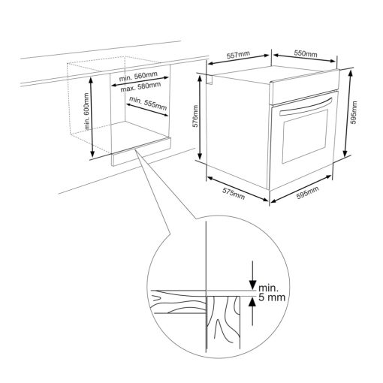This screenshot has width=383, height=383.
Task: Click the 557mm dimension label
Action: point(238,55)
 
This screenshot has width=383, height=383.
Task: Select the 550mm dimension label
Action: point(306,53)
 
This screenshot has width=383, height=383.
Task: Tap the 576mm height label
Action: point(195,116)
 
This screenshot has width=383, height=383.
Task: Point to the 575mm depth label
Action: point(234,194)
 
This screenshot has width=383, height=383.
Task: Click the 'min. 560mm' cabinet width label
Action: point(138,77)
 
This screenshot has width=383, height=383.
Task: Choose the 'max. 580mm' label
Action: point(140,87)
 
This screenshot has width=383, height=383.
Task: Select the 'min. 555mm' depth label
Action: point(148,104)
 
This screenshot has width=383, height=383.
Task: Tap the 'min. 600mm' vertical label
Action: point(86,111)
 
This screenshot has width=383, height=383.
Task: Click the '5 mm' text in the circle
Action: point(272,297)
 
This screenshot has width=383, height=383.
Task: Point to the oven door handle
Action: point(306,107)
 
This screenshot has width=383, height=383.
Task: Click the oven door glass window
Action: point(305,137)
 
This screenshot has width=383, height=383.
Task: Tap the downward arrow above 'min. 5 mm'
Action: point(252,275)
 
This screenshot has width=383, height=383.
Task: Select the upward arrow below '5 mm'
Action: point(252,312)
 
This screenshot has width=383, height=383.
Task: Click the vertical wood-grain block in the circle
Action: point(223,323)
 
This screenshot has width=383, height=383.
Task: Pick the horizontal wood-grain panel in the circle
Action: point(178,302)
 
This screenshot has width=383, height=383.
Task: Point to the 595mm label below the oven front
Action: point(308,192)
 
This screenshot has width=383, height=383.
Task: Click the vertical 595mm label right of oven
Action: point(354,113)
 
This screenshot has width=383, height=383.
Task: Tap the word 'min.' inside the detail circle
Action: point(268,288)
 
